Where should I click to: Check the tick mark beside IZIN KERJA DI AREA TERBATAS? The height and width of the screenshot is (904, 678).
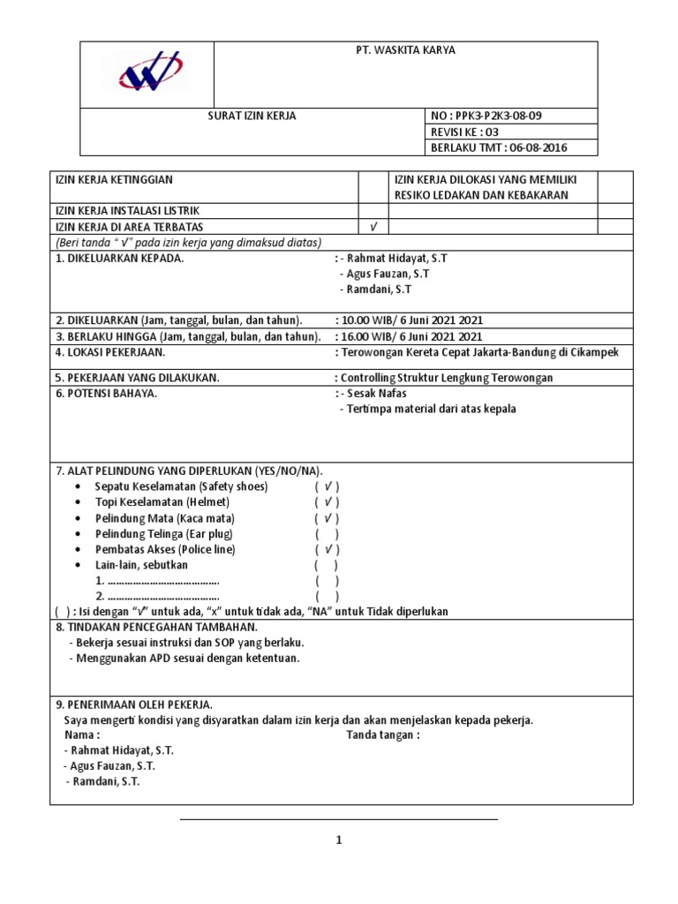point(373,227)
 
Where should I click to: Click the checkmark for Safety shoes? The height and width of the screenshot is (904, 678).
point(327,486)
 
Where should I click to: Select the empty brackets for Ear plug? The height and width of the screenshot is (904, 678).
point(327,534)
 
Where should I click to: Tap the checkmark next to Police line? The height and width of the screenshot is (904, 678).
point(327,550)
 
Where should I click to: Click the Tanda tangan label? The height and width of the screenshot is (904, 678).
point(382,734)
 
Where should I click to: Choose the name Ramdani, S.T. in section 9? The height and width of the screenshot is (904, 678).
point(104,782)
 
